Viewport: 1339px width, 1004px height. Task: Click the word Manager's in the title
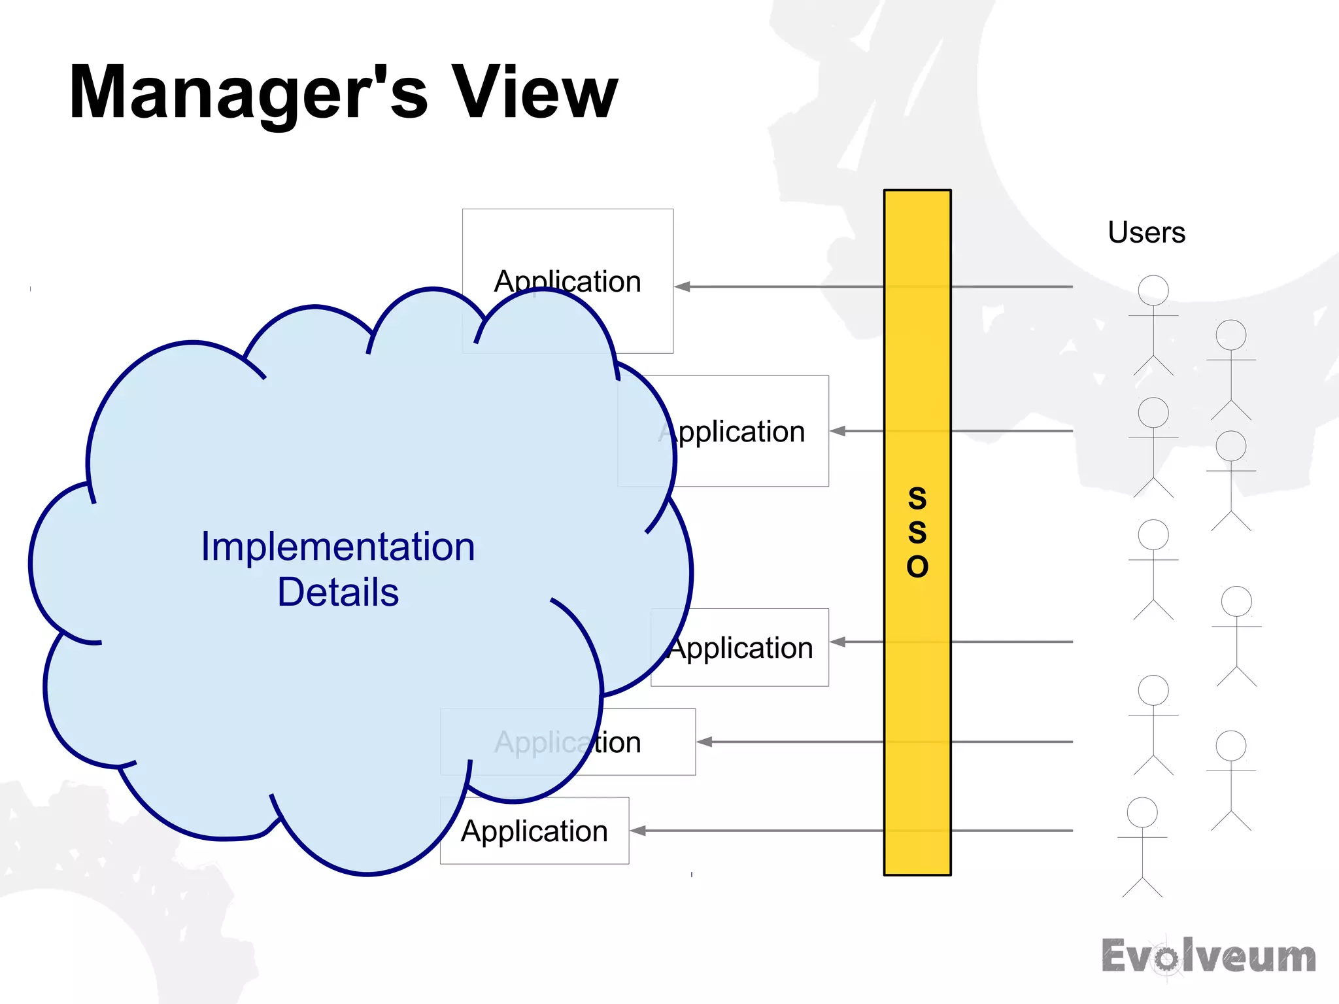[248, 93]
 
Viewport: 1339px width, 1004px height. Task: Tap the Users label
[1146, 232]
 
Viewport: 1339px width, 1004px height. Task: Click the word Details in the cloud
[337, 592]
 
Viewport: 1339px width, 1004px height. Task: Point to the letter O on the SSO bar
[917, 566]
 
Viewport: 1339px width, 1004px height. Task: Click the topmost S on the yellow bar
[917, 498]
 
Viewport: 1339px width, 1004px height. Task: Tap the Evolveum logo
[1208, 956]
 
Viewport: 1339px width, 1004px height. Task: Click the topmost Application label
[568, 281]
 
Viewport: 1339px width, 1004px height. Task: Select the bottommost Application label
[534, 831]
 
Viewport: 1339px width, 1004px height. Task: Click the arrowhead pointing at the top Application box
[683, 286]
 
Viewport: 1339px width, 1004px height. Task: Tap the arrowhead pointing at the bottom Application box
[638, 831]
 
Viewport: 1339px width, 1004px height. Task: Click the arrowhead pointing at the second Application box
[838, 431]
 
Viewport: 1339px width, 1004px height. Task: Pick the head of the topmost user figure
[1153, 290]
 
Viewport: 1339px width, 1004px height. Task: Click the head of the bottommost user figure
[1142, 812]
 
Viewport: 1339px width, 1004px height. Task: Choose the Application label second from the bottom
[568, 742]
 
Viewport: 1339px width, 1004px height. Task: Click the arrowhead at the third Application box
[838, 642]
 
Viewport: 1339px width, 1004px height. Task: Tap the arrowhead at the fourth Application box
[705, 742]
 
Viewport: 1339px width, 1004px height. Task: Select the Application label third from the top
[741, 648]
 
